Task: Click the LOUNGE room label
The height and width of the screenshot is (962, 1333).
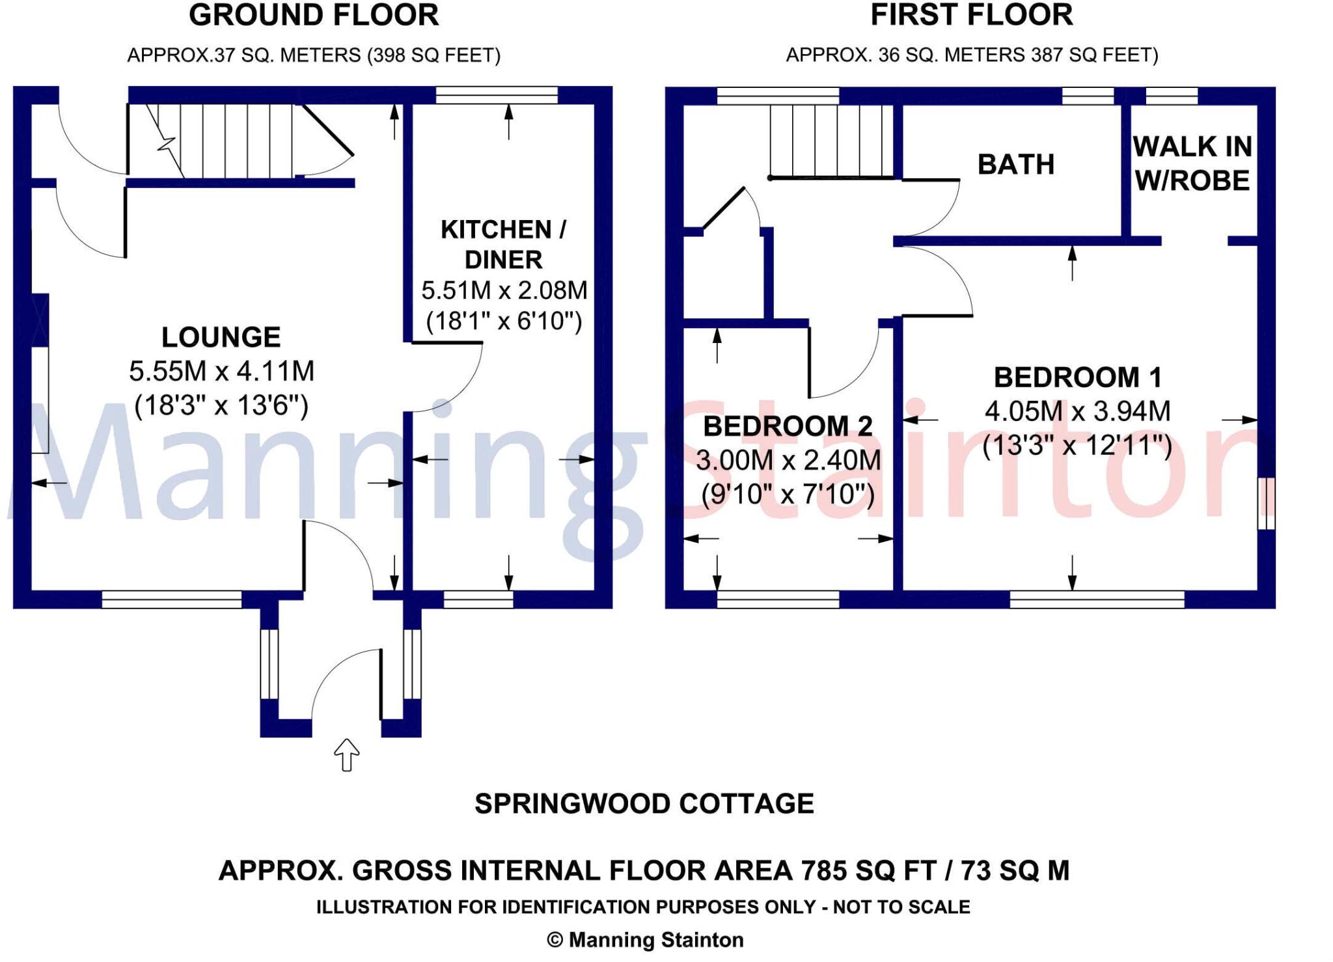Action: (221, 337)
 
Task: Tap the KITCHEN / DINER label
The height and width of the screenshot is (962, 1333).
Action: (504, 245)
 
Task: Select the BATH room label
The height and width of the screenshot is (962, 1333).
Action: (1016, 164)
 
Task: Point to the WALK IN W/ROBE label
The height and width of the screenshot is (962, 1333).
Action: (1192, 163)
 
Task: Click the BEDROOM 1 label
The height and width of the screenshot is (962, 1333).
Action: (1078, 378)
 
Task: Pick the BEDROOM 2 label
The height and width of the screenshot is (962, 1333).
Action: (788, 426)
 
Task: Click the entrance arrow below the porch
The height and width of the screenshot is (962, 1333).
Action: (347, 755)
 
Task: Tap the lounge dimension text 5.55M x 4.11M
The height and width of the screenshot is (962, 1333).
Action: (221, 372)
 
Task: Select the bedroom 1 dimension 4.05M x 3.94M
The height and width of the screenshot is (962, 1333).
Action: (1078, 411)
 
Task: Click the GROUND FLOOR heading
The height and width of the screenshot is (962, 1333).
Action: (314, 15)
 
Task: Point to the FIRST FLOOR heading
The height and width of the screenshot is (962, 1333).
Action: (972, 15)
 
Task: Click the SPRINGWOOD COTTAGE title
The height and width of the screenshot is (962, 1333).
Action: (644, 804)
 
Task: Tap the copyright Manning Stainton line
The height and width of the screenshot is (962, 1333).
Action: (645, 940)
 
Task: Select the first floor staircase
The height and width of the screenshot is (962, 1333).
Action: (831, 141)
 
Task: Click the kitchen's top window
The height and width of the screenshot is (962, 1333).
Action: (497, 96)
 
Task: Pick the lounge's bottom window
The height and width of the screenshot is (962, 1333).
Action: (172, 599)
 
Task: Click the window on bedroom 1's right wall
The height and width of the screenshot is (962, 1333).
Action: (1266, 503)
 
